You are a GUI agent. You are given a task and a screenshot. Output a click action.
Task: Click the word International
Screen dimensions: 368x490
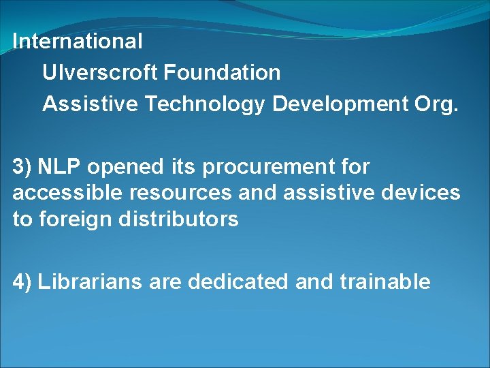(x=78, y=41)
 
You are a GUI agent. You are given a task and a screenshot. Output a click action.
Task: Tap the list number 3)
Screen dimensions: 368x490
(x=22, y=166)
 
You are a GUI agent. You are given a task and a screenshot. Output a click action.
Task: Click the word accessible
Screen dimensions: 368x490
(x=65, y=193)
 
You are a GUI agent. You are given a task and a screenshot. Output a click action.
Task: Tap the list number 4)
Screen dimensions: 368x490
(x=22, y=281)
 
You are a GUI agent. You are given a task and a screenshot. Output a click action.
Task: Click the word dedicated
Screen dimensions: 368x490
(x=238, y=281)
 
